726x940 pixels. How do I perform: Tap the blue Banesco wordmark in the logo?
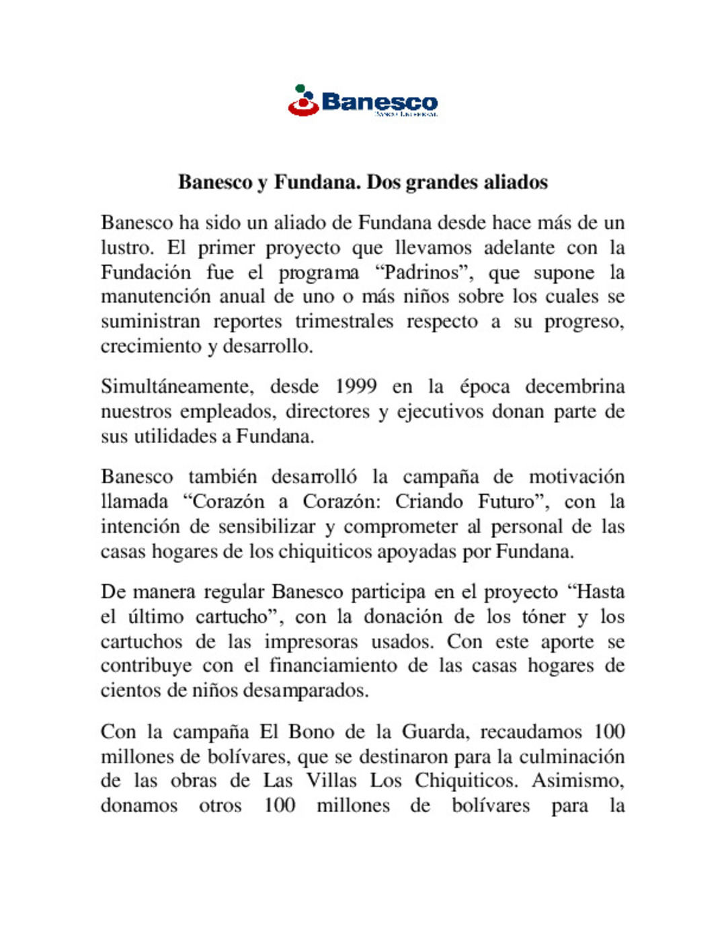coord(380,102)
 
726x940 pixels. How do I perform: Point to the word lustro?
coord(126,248)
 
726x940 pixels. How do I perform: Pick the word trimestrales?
coord(344,322)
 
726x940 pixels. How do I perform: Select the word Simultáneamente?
coord(177,387)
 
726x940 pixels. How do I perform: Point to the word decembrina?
coord(575,387)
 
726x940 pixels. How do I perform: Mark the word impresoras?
coord(311,642)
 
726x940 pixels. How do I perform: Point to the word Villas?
coord(331,781)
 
